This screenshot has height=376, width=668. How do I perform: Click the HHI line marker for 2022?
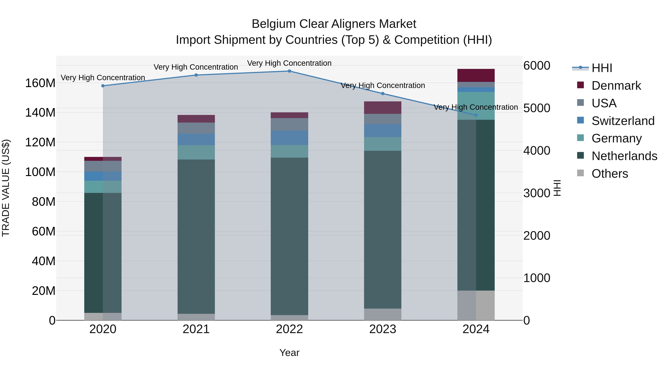tap(289, 71)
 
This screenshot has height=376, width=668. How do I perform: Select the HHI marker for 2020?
tap(103, 86)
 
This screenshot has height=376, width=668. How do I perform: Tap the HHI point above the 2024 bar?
tap(476, 115)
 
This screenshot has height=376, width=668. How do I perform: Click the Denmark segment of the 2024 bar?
tap(476, 76)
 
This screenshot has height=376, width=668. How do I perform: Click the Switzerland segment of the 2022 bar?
tap(289, 138)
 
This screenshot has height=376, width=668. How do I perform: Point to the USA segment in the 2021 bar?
tap(196, 128)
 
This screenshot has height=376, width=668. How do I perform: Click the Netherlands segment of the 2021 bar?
tap(196, 236)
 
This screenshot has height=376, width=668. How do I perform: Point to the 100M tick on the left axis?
tap(40, 172)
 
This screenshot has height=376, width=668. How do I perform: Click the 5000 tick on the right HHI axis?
tap(536, 108)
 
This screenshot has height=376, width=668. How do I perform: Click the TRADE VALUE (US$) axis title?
tap(6, 188)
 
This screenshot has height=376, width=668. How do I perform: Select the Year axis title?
tap(289, 353)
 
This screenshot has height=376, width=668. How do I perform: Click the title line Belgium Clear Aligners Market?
tap(334, 24)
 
